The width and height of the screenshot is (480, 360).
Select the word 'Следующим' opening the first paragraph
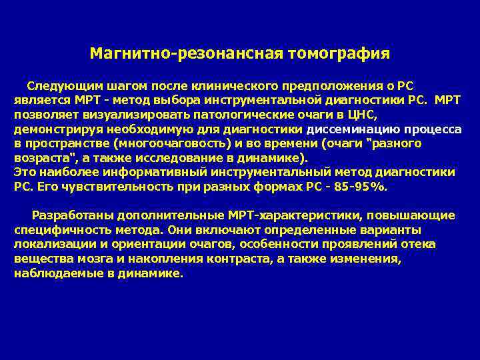tap(57, 85)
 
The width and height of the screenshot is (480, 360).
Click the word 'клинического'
tap(239, 85)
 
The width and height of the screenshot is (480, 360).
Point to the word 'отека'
tap(421, 245)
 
